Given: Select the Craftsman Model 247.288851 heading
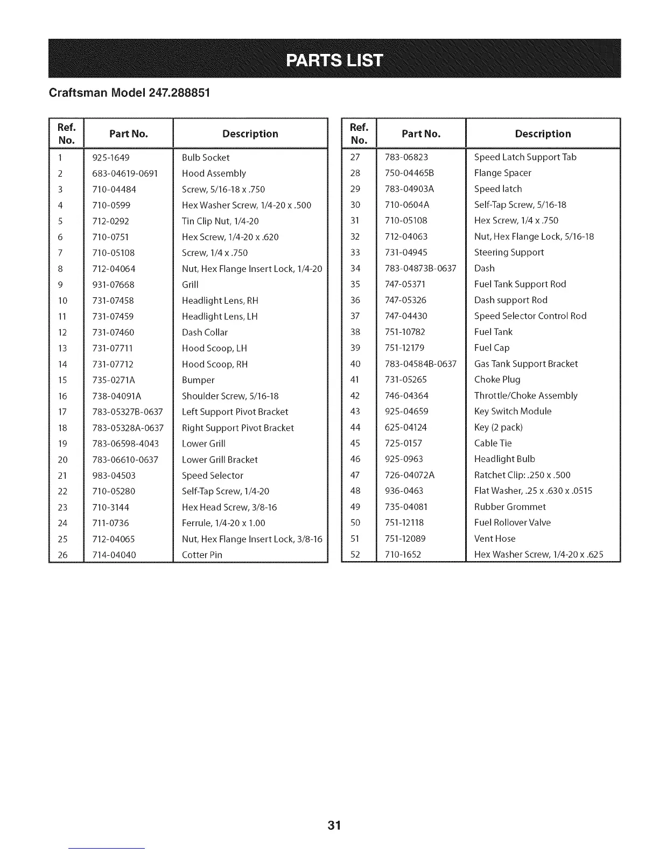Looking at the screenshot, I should click(129, 92).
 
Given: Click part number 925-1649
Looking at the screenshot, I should click(111, 158).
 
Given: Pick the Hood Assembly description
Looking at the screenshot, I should click(214, 173).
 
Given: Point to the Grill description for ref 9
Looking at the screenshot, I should click(190, 285).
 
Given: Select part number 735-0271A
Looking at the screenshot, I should click(114, 380).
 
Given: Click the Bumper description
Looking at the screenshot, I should click(198, 380).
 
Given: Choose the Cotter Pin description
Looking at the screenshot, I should click(202, 555).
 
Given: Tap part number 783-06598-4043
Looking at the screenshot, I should click(125, 444).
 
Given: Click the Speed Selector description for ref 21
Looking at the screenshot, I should click(213, 476).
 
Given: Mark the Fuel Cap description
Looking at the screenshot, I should click(492, 348).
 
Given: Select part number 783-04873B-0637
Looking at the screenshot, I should click(420, 268).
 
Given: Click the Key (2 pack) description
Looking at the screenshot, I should click(498, 428).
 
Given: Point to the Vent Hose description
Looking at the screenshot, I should click(495, 539).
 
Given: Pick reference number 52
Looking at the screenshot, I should click(355, 555).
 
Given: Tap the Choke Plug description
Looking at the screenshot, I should click(497, 380).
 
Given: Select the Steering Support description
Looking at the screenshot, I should click(509, 253).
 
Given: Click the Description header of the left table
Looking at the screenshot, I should click(250, 134).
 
